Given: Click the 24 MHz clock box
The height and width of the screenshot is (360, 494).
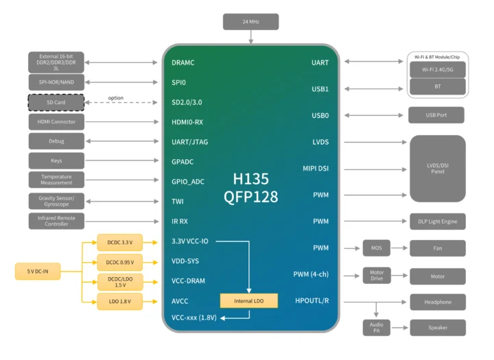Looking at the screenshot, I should pos(250,22).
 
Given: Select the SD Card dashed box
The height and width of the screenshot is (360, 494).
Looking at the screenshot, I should pos(56,102).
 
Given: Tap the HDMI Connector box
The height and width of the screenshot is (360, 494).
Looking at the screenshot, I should pos(56,122).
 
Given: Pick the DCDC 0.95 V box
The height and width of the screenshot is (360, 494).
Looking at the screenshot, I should pos(120,262).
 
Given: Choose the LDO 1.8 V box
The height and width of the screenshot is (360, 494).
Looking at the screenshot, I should pos(120,301).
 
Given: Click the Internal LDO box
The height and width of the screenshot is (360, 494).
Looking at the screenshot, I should pos(249,300).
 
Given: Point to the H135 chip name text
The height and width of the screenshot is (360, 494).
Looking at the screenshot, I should pos(250,179).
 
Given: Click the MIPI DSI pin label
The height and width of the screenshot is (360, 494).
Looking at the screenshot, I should pos(316,169).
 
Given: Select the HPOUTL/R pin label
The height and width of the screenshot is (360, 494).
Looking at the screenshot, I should pos(311,301).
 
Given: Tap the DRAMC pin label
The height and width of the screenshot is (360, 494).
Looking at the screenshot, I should pos(183,62).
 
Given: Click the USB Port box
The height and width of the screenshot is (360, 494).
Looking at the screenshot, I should pos(436,115).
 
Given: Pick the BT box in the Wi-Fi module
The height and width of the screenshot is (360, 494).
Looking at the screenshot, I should pos(437,87).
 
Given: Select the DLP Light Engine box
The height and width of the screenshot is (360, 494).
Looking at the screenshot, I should pos(437,221).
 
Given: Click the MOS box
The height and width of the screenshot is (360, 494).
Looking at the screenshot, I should pos(376,248).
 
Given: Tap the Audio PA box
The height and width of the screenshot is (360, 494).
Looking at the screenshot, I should pos(376,327).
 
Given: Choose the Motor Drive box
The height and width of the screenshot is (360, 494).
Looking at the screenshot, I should pos(376,275).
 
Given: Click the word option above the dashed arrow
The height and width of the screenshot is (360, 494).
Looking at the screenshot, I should pos(116,97).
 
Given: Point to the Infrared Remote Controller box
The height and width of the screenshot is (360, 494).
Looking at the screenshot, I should pos(56,221).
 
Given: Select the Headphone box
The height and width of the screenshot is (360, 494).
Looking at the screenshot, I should pos(437,302).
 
